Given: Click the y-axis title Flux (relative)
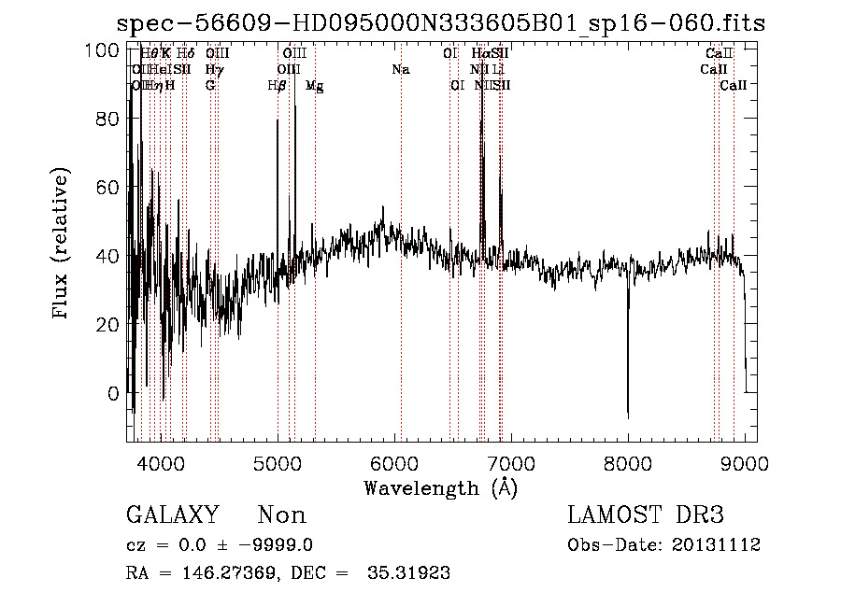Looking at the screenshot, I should pyautogui.click(x=62, y=245).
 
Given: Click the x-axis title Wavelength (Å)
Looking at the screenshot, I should pyautogui.click(x=440, y=487).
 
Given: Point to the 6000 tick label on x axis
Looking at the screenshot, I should pyautogui.click(x=394, y=462).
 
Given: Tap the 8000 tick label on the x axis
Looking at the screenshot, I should pyautogui.click(x=628, y=462).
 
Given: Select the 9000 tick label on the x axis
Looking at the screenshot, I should pyautogui.click(x=745, y=462).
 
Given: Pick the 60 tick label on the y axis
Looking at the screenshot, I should pyautogui.click(x=109, y=188).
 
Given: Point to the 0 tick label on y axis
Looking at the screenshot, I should pyautogui.click(x=114, y=393).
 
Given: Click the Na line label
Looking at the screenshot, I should pyautogui.click(x=401, y=69).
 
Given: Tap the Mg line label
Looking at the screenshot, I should pyautogui.click(x=315, y=86).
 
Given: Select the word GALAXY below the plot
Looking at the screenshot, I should pyautogui.click(x=173, y=515).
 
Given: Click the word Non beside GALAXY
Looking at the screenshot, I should pyautogui.click(x=281, y=515).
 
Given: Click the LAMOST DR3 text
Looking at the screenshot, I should pyautogui.click(x=646, y=515).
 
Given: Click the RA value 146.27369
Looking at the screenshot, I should pyautogui.click(x=229, y=573).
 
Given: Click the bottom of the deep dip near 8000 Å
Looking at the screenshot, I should pyautogui.click(x=628, y=416).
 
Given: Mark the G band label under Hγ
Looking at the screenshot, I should pyautogui.click(x=211, y=85).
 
